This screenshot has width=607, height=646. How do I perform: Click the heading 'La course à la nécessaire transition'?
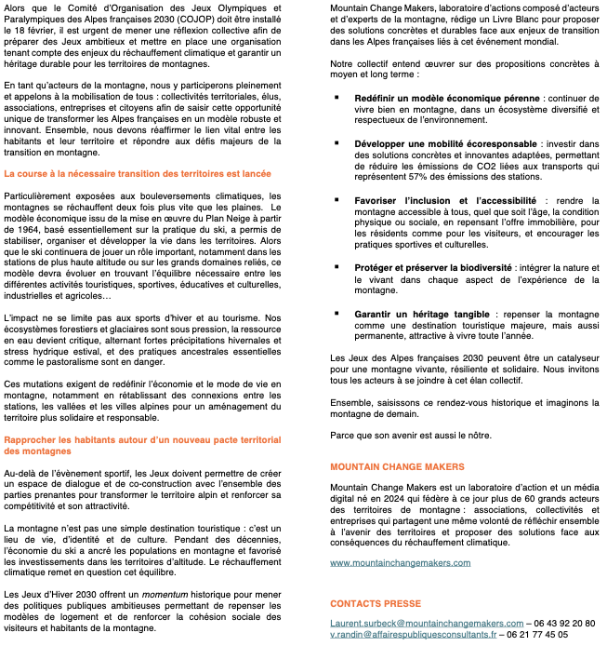(138, 173)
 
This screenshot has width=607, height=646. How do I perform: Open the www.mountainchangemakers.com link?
(400, 563)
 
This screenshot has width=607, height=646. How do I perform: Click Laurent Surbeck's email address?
(427, 623)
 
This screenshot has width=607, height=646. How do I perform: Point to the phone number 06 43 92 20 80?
(564, 623)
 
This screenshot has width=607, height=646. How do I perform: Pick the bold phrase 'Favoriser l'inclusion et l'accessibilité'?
(445, 201)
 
